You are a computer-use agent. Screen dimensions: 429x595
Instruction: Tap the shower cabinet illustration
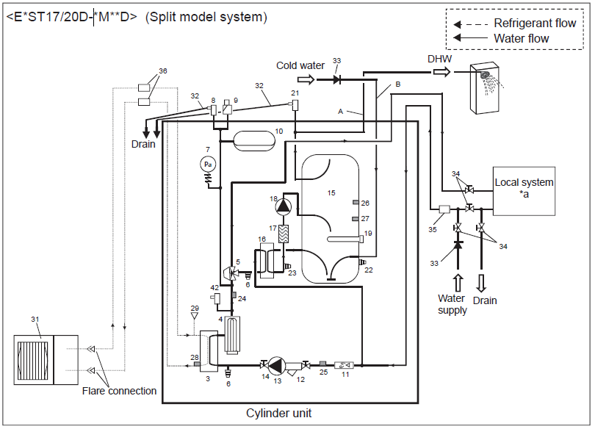point(486,88)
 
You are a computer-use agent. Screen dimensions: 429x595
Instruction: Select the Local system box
point(524,188)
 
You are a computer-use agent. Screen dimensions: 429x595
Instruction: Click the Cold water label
point(300,65)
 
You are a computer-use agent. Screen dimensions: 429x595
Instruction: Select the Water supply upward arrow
point(458,281)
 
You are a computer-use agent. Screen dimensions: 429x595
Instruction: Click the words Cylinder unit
point(278,414)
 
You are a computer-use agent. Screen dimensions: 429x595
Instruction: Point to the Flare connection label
point(120,391)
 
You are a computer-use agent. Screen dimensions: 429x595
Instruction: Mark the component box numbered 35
point(444,210)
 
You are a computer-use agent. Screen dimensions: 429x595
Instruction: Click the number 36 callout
point(162,71)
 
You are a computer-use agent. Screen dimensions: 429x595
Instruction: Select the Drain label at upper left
point(144,144)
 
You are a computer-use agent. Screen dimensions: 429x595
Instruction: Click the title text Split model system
point(206,17)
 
